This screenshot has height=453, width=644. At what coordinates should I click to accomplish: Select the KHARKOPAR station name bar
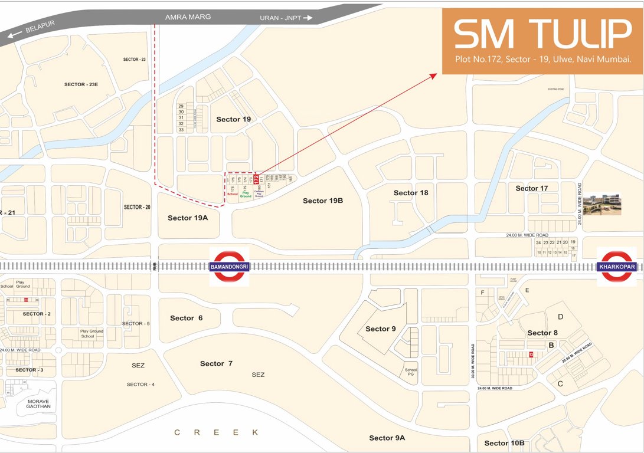coord(617,267)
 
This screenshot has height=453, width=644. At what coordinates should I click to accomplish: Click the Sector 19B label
coord(323,201)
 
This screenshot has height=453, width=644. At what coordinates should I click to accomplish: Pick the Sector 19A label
coord(188,218)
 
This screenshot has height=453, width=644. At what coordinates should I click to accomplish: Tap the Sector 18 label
coord(411,193)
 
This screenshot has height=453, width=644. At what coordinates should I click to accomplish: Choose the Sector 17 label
coord(532,188)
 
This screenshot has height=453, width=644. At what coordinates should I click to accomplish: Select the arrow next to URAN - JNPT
coord(307,18)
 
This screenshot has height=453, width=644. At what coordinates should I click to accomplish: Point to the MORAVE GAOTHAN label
coord(39,403)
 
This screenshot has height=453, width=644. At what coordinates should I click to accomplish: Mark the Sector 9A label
coord(387,438)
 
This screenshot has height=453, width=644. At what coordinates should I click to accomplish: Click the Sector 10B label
coord(505,443)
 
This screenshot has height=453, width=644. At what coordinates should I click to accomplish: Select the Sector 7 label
coord(216,363)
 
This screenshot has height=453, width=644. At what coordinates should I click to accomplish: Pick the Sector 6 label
coord(186,318)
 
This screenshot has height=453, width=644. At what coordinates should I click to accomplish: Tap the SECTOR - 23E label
coord(81,84)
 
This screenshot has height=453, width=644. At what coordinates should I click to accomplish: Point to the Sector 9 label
coord(381,329)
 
